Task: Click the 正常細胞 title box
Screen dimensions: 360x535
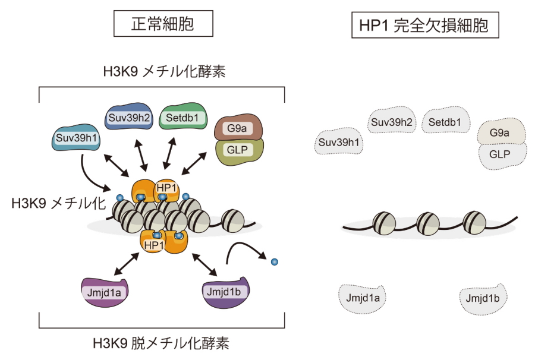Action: click(162, 24)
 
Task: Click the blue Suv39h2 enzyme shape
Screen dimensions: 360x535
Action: click(127, 117)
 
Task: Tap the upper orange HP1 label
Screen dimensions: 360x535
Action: click(166, 188)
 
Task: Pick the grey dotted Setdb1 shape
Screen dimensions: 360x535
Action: click(445, 123)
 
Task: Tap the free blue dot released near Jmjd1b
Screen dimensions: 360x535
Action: click(274, 261)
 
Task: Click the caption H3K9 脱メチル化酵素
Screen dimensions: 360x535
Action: click(161, 343)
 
